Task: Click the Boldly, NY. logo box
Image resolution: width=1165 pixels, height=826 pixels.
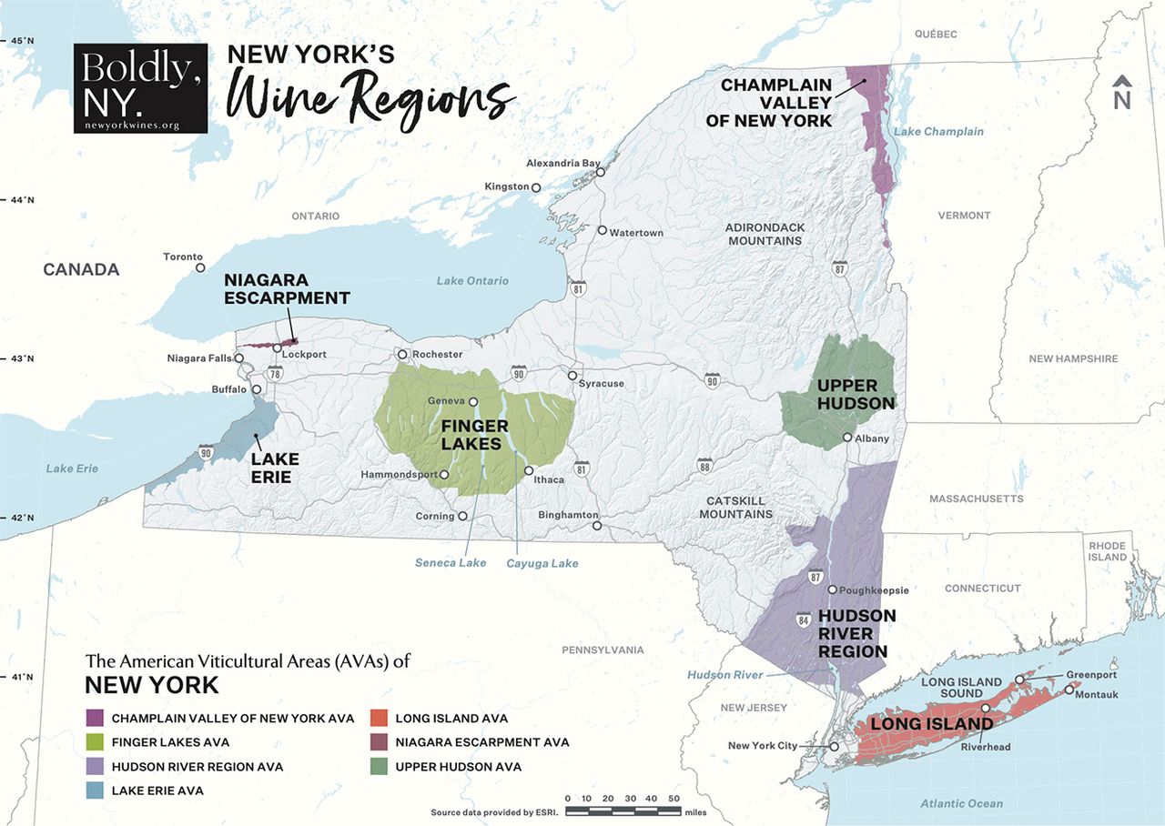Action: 140,88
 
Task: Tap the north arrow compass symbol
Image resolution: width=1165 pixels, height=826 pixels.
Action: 1121,93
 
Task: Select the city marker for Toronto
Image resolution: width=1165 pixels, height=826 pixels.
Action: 200,267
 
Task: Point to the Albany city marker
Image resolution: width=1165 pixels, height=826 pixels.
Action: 847,438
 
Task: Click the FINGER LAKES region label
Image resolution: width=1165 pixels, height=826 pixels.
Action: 471,435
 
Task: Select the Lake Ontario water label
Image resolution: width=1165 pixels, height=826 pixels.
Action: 472,281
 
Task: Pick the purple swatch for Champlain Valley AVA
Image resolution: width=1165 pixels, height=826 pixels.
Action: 95,718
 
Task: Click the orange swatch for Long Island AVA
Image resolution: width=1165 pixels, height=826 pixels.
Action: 379,718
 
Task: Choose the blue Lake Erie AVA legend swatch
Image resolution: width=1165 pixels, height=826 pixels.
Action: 95,791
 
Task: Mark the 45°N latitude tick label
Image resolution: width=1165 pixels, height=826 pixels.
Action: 22,41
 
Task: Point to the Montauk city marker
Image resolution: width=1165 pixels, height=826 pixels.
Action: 1069,690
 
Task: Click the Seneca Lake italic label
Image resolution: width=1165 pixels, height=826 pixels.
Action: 451,563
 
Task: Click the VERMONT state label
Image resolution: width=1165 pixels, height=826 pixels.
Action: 964,216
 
